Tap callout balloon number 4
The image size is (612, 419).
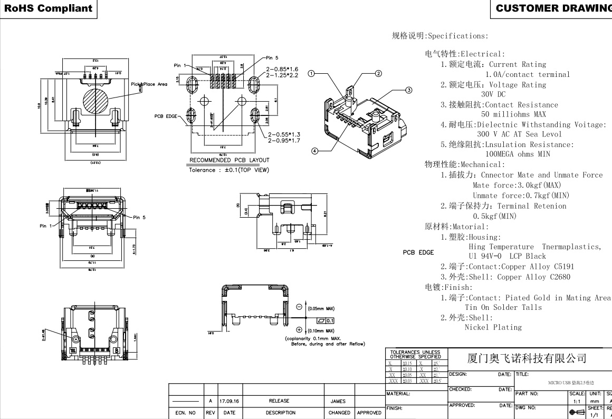click(315, 151)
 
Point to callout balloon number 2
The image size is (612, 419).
click(378, 73)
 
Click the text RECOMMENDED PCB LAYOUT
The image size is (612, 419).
click(229, 160)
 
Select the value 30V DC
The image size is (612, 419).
click(493, 94)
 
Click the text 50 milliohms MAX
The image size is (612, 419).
click(513, 114)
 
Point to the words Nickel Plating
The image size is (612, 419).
click(493, 327)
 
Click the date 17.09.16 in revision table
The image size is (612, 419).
click(230, 401)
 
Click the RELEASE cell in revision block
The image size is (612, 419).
click(280, 401)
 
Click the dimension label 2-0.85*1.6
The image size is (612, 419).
click(282, 69)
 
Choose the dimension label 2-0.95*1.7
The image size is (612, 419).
click(284, 141)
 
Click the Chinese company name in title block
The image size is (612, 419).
click(527, 359)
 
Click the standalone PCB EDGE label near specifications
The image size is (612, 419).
click(418, 252)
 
